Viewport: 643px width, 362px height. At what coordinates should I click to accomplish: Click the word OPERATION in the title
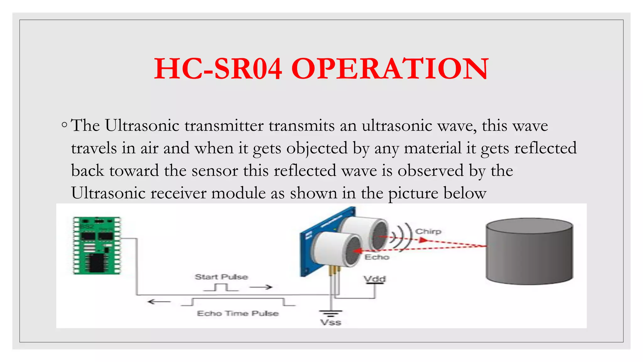390,69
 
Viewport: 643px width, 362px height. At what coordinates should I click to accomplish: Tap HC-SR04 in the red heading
218,69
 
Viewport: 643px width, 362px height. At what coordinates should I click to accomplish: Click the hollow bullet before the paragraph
64,125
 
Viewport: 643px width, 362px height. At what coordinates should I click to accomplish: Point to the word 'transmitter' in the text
224,125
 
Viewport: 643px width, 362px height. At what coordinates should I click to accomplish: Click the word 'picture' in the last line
413,193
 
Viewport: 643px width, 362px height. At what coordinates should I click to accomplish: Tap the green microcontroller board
97,245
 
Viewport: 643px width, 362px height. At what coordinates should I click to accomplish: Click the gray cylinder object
529,251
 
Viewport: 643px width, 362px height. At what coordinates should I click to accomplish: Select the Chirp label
428,232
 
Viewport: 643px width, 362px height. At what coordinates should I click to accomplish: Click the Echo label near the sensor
377,257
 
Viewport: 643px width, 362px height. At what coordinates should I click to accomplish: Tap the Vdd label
375,279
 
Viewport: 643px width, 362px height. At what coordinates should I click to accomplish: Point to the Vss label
331,322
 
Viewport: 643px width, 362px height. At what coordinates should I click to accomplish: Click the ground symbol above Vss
331,313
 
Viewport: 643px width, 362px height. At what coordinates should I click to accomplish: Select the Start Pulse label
221,277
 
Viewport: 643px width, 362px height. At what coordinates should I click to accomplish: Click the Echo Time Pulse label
238,313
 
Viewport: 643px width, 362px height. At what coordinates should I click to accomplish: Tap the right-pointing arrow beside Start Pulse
261,287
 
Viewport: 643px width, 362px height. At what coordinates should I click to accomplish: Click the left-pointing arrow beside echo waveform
159,302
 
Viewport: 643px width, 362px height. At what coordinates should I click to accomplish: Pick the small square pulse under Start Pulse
221,287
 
